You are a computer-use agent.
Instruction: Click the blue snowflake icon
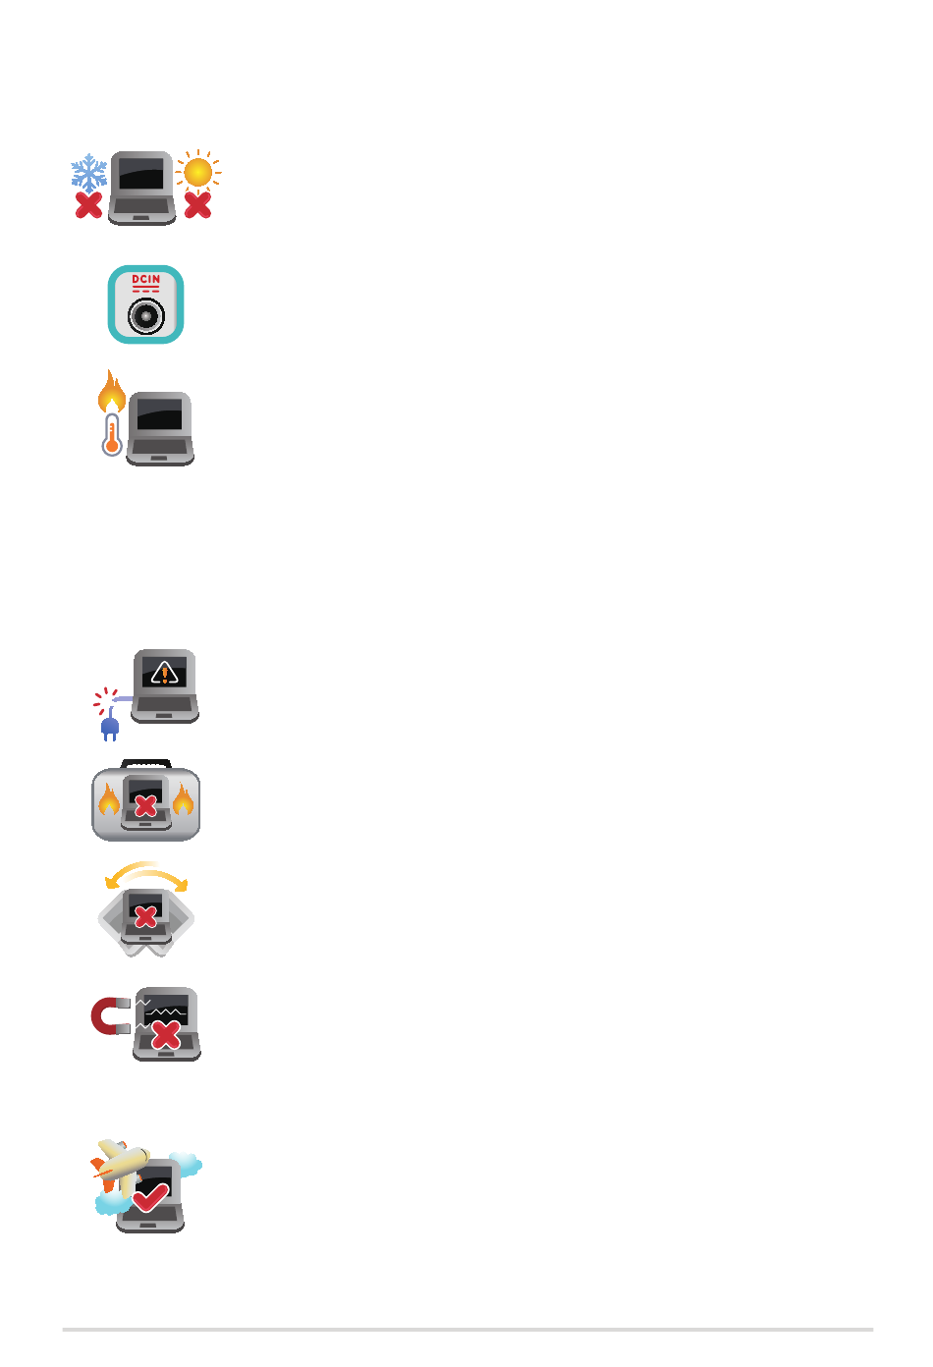tap(89, 173)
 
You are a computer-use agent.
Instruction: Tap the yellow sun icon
tap(197, 172)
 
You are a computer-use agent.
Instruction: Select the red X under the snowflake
tap(89, 205)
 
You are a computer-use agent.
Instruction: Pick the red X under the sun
tap(197, 205)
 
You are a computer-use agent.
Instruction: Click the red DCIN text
tap(145, 280)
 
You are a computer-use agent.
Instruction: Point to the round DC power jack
tap(145, 316)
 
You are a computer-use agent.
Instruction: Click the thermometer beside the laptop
tap(112, 434)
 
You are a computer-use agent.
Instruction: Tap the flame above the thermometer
tap(112, 391)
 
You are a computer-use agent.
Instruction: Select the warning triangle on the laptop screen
tap(164, 673)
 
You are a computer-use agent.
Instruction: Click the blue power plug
tap(110, 726)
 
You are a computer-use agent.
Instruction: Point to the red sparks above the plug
tap(105, 700)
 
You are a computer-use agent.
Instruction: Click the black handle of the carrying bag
tap(145, 764)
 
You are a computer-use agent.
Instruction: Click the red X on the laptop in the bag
tap(145, 807)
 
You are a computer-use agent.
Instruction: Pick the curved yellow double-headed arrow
tap(145, 870)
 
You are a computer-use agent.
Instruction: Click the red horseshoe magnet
tap(110, 1016)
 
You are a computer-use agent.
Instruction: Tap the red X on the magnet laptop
tap(165, 1034)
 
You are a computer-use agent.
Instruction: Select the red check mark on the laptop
tap(150, 1197)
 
